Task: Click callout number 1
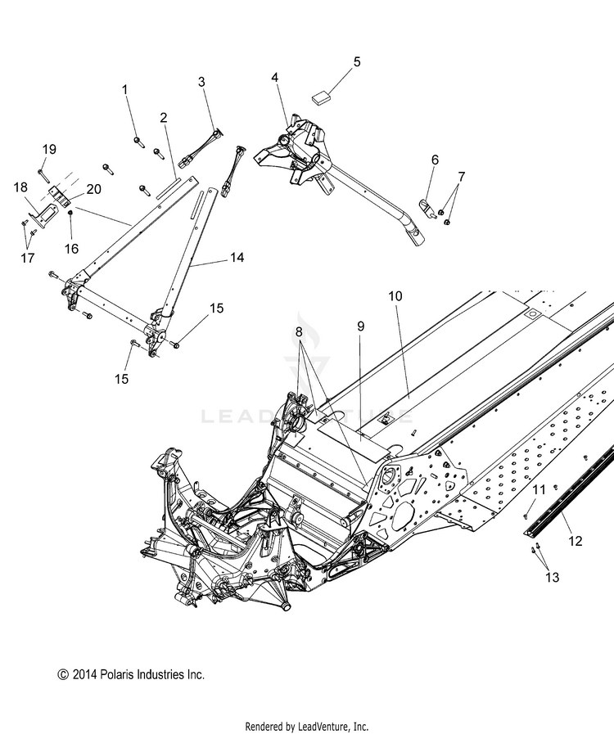pyautogui.click(x=126, y=89)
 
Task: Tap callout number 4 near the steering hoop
pyautogui.click(x=275, y=78)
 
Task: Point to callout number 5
pyautogui.click(x=356, y=62)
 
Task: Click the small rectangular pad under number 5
pyautogui.click(x=321, y=96)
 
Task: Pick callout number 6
pyautogui.click(x=435, y=160)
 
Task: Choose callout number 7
pyautogui.click(x=461, y=177)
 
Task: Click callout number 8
pyautogui.click(x=299, y=332)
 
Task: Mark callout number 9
pyautogui.click(x=359, y=326)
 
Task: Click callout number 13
pyautogui.click(x=553, y=578)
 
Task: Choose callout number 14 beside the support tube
pyautogui.click(x=237, y=257)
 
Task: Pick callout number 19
pyautogui.click(x=49, y=150)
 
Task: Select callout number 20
pyautogui.click(x=94, y=189)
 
